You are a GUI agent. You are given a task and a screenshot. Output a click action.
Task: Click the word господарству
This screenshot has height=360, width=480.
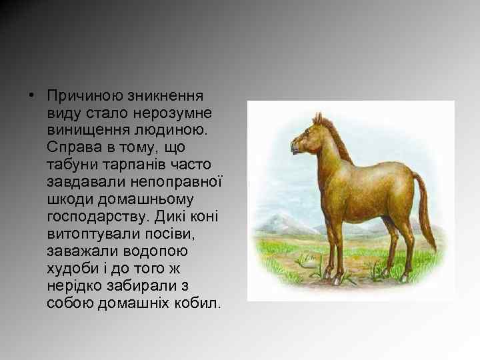click(x=99, y=216)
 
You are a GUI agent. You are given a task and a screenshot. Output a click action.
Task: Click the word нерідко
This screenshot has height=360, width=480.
click(x=77, y=285)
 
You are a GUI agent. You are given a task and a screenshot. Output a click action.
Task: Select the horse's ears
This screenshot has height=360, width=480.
click(x=319, y=119)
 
